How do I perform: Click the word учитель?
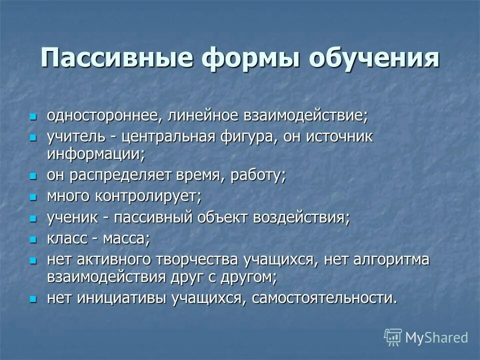76,137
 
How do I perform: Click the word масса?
126,239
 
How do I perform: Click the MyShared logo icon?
393,337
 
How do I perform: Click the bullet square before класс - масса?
33,239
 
